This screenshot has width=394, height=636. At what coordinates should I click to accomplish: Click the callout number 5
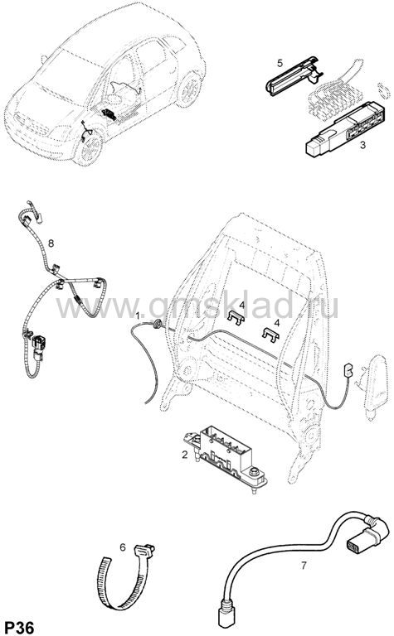[280, 63]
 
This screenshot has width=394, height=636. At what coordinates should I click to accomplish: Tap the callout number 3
[362, 145]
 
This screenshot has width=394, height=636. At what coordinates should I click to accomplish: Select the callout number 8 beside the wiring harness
[51, 243]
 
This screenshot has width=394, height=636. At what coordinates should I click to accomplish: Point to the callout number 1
[138, 316]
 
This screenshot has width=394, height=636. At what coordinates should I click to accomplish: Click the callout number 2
[185, 455]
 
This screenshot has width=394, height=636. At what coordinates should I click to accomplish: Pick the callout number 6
[123, 547]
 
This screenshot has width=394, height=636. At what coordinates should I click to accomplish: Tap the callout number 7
[304, 565]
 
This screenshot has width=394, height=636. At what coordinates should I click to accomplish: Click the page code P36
[19, 627]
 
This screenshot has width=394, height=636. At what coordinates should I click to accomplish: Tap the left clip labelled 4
[236, 318]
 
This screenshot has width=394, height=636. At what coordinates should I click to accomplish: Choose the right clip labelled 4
[271, 335]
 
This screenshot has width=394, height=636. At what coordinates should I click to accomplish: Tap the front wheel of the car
[90, 148]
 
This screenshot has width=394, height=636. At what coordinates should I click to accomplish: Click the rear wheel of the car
[189, 90]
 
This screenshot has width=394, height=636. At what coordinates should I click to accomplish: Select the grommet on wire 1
[157, 324]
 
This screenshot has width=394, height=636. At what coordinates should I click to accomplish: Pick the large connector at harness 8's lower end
[39, 346]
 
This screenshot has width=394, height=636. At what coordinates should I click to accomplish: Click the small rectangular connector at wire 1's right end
[348, 369]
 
